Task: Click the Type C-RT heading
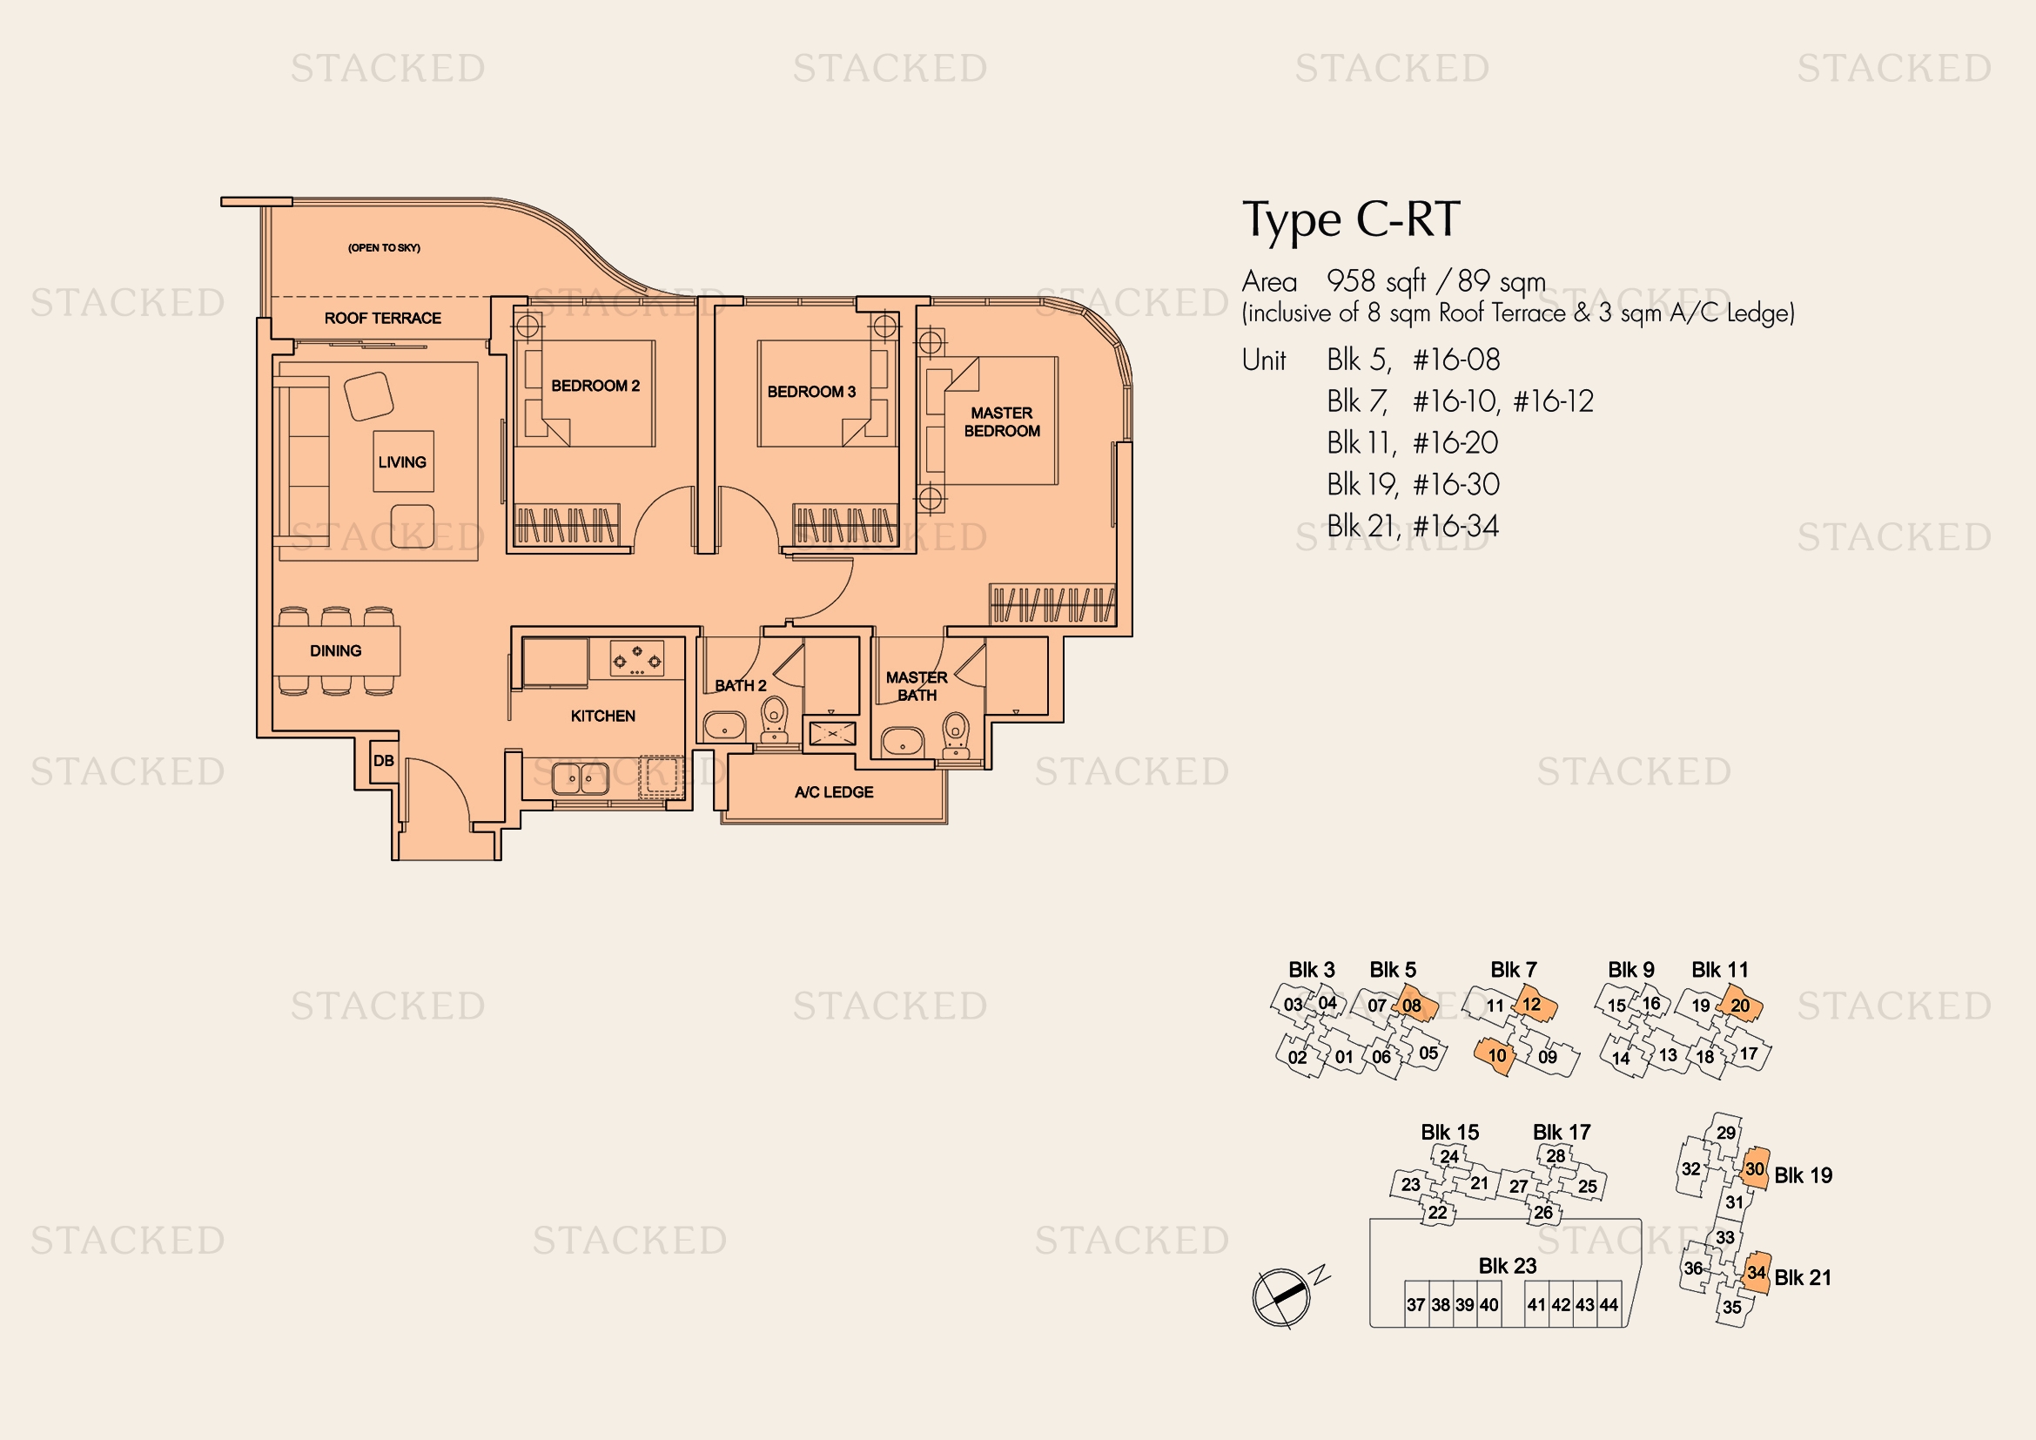tap(1350, 220)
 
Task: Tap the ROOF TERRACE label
tap(382, 319)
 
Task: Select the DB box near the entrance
tap(383, 761)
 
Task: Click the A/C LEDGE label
tap(834, 791)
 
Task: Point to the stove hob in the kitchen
tap(636, 660)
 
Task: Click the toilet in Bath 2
tap(774, 717)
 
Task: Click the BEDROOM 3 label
tap(811, 392)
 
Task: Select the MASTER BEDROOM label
tap(1001, 422)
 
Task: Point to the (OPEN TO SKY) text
tap(384, 248)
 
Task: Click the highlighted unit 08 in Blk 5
tap(1412, 1006)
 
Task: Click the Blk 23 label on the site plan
tap(1507, 1266)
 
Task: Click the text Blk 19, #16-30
tap(1413, 485)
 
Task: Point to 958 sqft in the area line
tap(1375, 282)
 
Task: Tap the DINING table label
tap(335, 651)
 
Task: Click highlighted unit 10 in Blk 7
tap(1497, 1056)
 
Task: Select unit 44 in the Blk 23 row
tap(1608, 1305)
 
